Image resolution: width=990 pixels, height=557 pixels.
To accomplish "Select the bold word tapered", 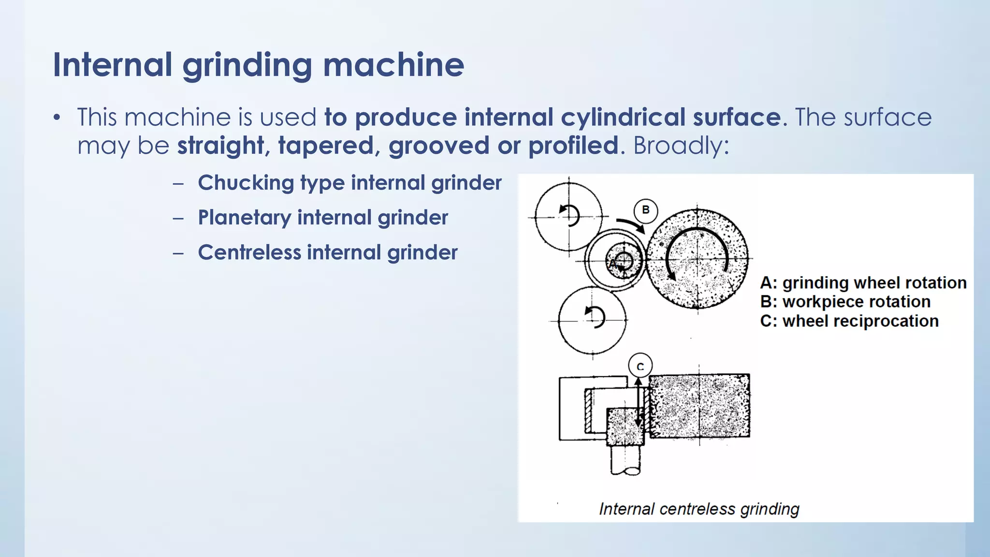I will pos(325,146).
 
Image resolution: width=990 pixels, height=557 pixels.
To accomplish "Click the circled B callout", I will pos(645,210).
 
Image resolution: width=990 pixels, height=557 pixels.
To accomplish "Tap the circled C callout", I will pos(640,366).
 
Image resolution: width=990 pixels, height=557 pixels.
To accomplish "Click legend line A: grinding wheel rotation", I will pos(863,283).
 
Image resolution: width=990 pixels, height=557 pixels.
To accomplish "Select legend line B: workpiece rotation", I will pos(845,302).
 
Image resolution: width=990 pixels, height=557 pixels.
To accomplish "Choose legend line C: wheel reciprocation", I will pos(849,321).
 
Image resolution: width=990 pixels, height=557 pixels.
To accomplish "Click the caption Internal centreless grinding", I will pos(699,509).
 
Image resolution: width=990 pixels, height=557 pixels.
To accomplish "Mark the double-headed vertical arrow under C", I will pos(639,403).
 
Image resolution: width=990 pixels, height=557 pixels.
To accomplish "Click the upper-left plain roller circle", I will pos(568,217).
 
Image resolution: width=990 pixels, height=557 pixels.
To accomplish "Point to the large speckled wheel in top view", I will pos(697,259).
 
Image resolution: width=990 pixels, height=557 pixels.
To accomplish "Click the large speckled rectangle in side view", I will pos(699,406).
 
